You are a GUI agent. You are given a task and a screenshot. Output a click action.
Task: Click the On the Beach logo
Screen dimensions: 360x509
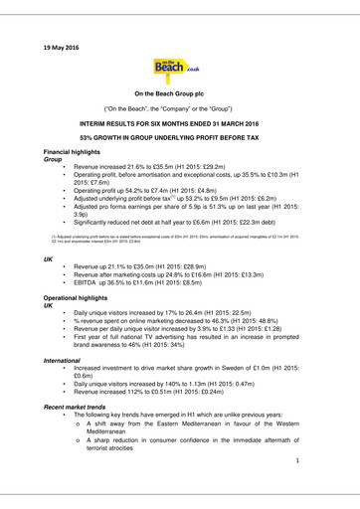pyautogui.click(x=179, y=73)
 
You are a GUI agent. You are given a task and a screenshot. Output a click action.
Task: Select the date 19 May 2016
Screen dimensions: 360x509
pyautogui.click(x=62, y=47)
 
